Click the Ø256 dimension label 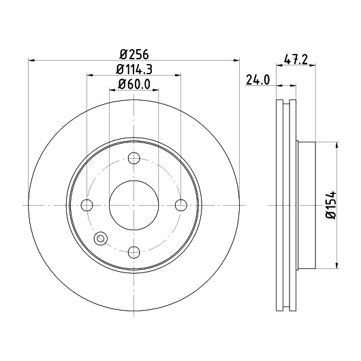pos(134,54)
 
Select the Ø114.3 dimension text pos(134,69)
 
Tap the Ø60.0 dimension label pos(134,84)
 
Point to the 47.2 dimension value pos(296,60)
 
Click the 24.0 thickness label pos(257,80)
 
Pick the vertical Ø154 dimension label pos(331,205)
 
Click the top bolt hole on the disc pos(134,158)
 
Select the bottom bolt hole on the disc pos(134,252)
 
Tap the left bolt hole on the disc pos(87,205)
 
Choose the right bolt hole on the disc pos(181,205)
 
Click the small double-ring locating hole pos(101,238)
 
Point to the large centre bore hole pos(134,205)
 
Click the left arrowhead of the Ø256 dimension pos(31,61)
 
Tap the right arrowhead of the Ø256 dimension pos(236,61)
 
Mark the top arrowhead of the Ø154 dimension pos(337,146)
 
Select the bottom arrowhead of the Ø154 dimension pos(337,265)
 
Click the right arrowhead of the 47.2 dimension pos(313,65)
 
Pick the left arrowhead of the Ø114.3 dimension pos(90,75)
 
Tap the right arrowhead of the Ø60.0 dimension pos(155,90)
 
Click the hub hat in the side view pos(306,205)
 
